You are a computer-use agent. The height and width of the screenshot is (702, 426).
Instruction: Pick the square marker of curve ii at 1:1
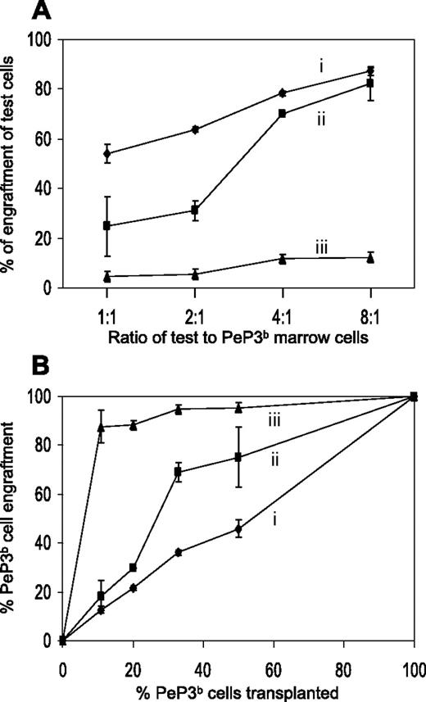(107, 225)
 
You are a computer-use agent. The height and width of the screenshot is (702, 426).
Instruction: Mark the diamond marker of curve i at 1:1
(107, 153)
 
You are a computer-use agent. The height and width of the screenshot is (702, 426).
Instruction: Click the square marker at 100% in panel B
(414, 396)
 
